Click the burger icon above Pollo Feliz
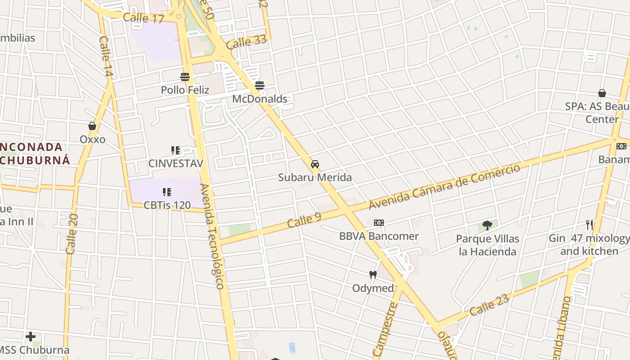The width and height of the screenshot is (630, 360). pos(185,76)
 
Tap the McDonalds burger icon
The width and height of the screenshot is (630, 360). pos(260,85)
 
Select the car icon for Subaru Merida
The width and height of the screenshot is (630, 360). pos(315,164)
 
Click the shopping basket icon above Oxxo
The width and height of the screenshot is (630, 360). pos(92,126)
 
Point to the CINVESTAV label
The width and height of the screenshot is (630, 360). pos(176,163)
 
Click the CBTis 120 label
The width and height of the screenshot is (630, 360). pos(167,205)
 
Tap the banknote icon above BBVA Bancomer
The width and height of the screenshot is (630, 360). pos(379,223)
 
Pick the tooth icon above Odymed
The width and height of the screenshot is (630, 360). pos(373,274)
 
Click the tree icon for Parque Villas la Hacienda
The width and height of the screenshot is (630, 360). pos(487,225)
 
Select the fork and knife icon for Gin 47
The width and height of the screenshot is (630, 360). pos(589,225)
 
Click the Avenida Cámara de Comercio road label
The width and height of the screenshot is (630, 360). pos(444,187)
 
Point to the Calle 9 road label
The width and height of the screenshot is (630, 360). pos(305,220)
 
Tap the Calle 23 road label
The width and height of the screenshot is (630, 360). pos(489,305)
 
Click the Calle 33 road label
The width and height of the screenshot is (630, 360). pos(246,42)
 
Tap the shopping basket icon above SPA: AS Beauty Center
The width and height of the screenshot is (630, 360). pos(602,93)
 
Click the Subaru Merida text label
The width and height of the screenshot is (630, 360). pos(315,177)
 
